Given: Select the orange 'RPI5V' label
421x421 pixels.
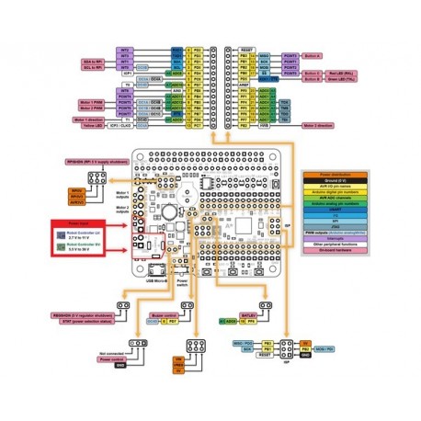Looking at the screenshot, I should point(77,191).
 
